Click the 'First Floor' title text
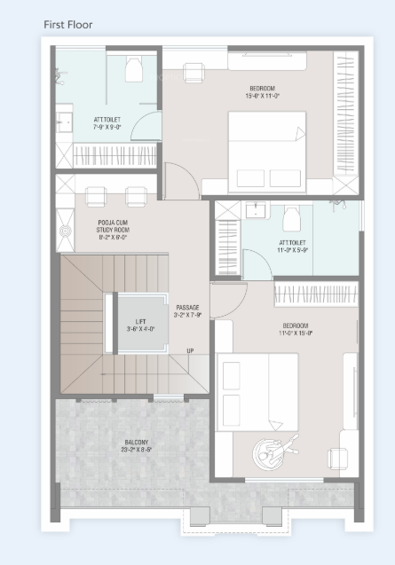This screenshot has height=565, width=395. tap(67, 25)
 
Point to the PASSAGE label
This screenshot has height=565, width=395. tap(187, 307)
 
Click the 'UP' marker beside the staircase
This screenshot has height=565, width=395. tap(190, 350)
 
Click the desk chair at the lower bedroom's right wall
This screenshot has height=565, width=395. tap(337, 457)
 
